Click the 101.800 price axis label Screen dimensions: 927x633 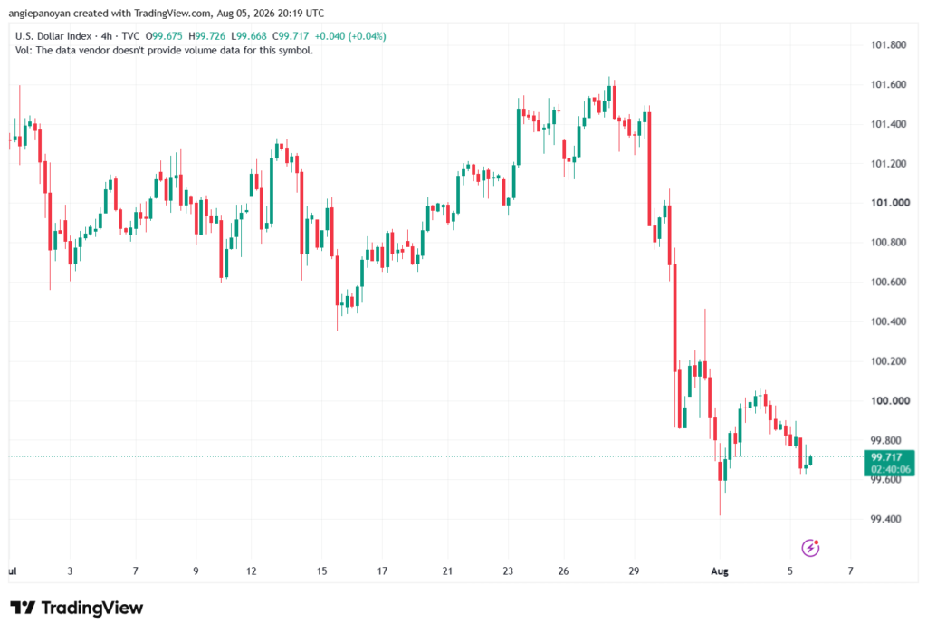889,45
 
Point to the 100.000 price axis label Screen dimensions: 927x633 890,400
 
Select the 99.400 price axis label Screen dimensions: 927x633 885,519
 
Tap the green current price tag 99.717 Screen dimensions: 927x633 889,463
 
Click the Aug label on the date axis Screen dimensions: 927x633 720,571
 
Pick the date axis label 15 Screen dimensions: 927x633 321,571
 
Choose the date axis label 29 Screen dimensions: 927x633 634,571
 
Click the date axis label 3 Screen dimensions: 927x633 70,571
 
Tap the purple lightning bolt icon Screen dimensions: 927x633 810,548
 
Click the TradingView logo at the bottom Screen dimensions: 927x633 76,608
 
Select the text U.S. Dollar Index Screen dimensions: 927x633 53,36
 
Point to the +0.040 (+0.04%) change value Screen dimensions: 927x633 350,36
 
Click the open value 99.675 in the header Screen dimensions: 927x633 167,36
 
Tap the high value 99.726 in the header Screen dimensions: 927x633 210,36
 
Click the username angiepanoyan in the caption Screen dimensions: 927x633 39,13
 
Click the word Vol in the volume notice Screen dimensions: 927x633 22,51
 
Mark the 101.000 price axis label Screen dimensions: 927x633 890,202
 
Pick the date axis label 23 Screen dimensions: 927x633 508,571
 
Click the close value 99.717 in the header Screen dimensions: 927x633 294,36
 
